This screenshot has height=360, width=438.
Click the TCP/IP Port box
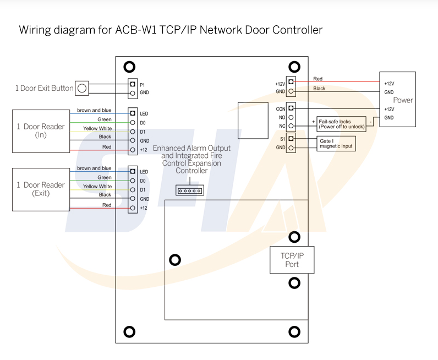(x=292, y=259)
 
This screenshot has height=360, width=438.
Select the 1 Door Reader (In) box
(x=40, y=130)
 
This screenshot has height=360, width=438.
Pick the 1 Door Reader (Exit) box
(x=40, y=189)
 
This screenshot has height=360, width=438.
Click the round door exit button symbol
(x=81, y=88)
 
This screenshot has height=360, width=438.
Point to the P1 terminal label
(x=143, y=84)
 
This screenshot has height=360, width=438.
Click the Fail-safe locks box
(x=341, y=124)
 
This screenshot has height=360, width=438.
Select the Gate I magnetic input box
(x=336, y=144)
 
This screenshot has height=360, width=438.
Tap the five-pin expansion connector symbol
(x=190, y=190)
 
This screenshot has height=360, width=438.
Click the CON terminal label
(x=280, y=109)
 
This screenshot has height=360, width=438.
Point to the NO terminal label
(x=281, y=117)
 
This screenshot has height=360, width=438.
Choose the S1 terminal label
(x=282, y=139)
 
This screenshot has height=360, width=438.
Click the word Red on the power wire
(x=317, y=79)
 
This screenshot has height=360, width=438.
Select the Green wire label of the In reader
(x=104, y=119)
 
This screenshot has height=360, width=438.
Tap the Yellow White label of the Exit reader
(x=97, y=187)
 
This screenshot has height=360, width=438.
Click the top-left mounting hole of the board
(x=129, y=67)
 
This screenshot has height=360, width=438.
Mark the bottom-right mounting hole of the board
(x=294, y=332)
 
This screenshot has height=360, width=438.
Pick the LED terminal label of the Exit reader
(x=144, y=172)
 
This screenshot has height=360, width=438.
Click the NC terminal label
(x=281, y=126)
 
